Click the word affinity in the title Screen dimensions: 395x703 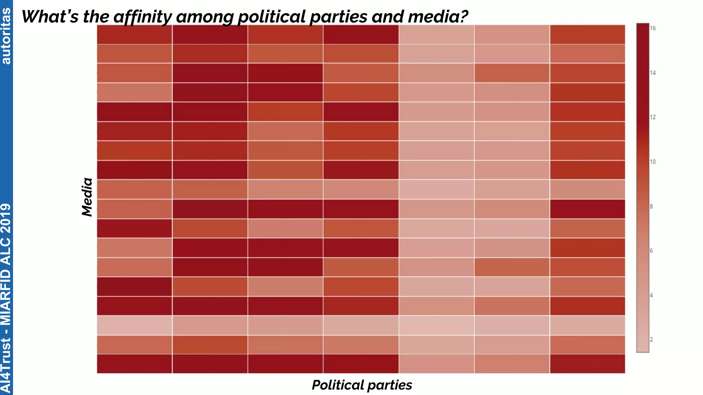click(x=142, y=17)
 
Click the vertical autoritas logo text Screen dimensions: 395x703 click(x=6, y=36)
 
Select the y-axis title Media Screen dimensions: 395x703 click(x=87, y=197)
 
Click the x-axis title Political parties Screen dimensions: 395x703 click(x=362, y=385)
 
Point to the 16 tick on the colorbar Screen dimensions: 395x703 click(x=653, y=28)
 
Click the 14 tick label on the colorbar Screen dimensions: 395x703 click(x=653, y=73)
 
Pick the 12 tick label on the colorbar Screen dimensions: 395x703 click(x=653, y=117)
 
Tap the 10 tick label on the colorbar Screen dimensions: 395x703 click(x=653, y=162)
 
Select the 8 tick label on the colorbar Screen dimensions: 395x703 click(x=651, y=206)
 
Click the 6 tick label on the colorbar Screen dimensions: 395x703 click(x=651, y=251)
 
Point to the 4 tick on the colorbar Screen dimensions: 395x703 click(x=651, y=295)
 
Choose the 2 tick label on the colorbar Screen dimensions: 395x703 click(x=651, y=340)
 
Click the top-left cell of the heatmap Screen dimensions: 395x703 click(x=134, y=34)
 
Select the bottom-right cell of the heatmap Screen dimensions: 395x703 click(x=587, y=364)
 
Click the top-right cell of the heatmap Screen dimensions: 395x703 click(x=587, y=34)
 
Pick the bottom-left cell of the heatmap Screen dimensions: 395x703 click(x=134, y=364)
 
